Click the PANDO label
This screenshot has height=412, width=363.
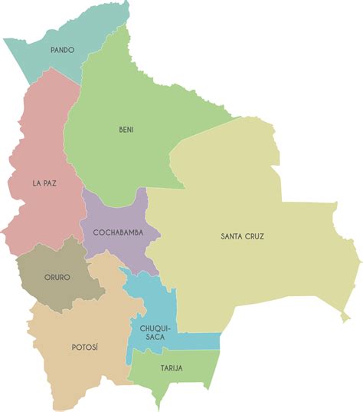click(62, 50)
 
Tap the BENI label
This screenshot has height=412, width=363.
click(126, 130)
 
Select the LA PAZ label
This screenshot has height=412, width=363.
click(44, 183)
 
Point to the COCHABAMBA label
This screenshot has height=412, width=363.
click(118, 232)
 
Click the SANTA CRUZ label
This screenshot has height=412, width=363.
click(242, 236)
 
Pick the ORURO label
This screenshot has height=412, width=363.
click(57, 277)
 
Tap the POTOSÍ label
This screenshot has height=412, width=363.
click(85, 348)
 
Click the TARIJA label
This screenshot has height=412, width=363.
click(172, 368)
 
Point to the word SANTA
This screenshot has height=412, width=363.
click(232, 236)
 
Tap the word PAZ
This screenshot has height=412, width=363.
click(50, 183)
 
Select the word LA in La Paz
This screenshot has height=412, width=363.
click(36, 183)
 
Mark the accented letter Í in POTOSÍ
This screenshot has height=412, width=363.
click(97, 347)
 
